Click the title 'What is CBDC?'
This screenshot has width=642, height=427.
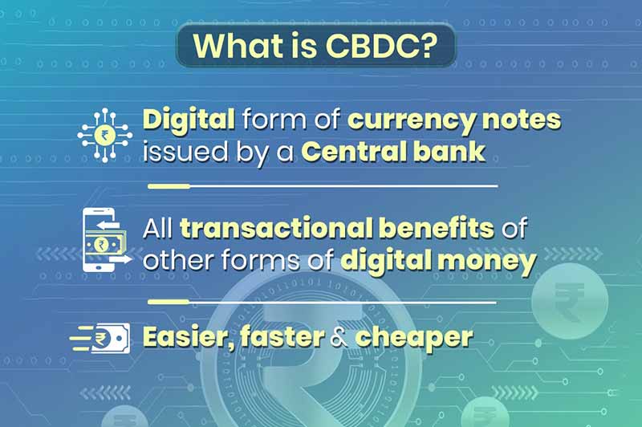315,47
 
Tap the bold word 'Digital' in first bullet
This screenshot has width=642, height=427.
189,120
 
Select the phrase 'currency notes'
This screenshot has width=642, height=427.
454,120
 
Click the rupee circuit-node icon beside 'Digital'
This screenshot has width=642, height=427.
104,135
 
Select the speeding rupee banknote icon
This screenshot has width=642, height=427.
100,338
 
